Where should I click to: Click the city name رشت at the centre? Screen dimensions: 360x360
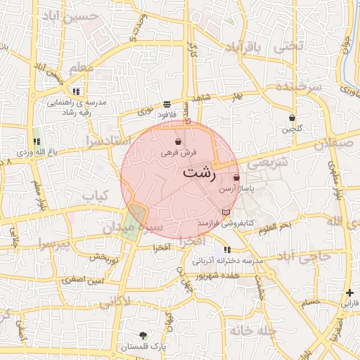click(x=199, y=172)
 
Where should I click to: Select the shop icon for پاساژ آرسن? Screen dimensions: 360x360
click(x=236, y=178)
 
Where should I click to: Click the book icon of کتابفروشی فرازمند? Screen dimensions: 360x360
click(x=225, y=212)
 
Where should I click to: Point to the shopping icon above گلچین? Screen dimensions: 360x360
click(x=292, y=117)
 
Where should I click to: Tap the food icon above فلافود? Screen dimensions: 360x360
click(x=166, y=104)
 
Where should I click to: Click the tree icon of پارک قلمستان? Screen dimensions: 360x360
click(x=143, y=335)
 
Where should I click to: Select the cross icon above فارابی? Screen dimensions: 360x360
click(x=349, y=292)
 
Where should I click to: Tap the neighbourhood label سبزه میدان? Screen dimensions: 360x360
click(x=133, y=229)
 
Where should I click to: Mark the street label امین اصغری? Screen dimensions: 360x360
click(x=82, y=280)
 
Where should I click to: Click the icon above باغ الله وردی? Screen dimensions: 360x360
click(x=37, y=141)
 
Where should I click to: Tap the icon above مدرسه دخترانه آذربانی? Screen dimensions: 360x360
click(x=226, y=250)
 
